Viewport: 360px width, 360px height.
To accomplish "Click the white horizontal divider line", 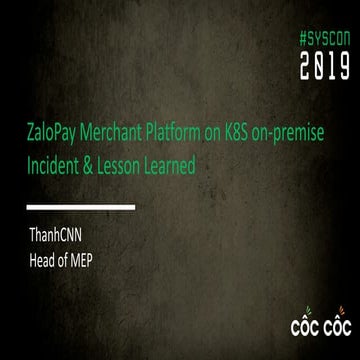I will pos(81,207).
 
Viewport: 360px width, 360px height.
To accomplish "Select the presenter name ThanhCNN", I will pos(62,238).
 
